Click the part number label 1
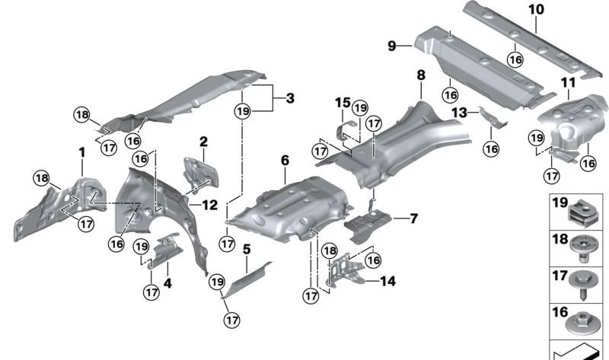point(81,153)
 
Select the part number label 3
point(289,98)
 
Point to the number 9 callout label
point(393,46)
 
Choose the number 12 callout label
point(210,204)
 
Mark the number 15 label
point(343,102)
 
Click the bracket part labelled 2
point(199,171)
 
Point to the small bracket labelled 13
point(491,117)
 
